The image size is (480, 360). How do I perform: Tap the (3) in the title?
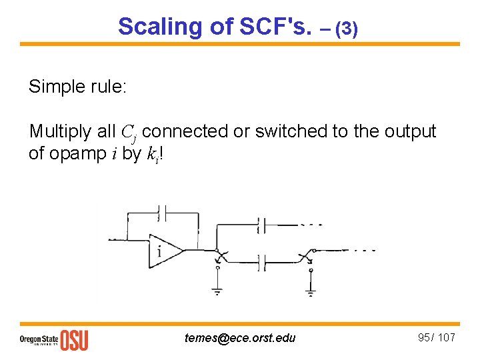(x=347, y=29)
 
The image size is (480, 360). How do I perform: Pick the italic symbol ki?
(x=149, y=154)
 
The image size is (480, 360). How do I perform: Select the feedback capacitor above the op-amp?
(x=163, y=213)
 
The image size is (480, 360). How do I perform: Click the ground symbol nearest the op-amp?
(x=217, y=290)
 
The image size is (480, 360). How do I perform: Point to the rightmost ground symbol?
(x=310, y=291)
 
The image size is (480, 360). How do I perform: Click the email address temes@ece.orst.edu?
(x=240, y=338)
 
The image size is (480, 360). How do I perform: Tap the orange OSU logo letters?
(x=74, y=339)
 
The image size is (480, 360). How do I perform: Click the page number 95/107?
(x=436, y=337)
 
